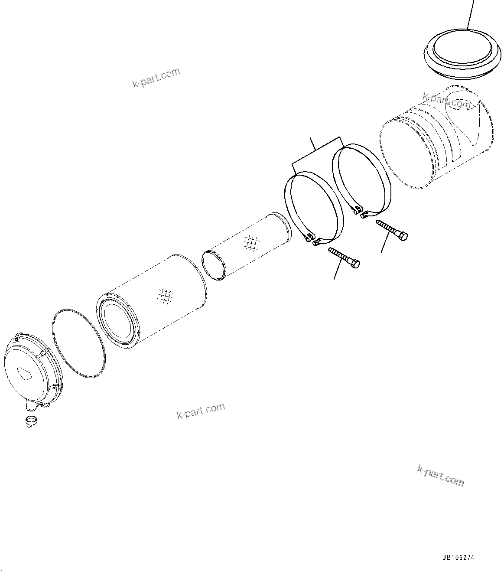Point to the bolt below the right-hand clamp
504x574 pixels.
coord(392,230)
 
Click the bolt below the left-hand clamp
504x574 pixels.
coord(345,258)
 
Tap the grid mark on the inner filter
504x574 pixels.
coord(251,243)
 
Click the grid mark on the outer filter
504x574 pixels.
coord(165,296)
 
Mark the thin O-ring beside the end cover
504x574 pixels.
coord(78,338)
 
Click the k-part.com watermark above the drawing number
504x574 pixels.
coord(440,475)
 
